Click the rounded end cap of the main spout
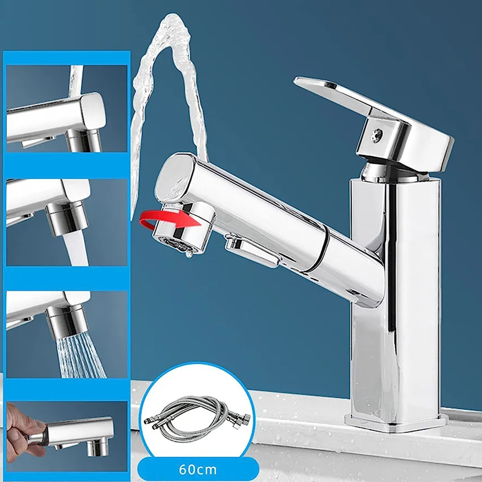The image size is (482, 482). coord(175,179)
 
